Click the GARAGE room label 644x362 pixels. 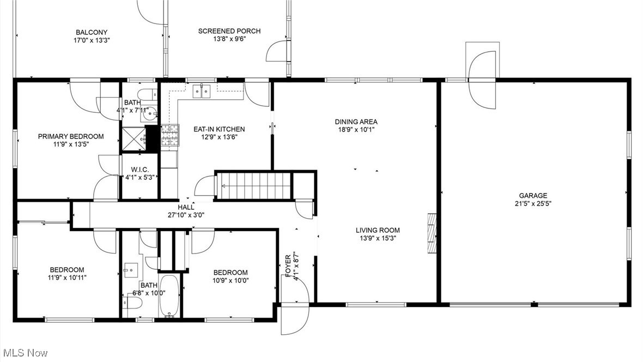533,195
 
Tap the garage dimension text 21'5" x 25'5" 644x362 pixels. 533,204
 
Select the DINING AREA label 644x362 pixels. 356,122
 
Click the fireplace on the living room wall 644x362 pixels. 432,233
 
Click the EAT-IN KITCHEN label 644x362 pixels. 219,129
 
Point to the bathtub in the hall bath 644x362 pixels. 170,295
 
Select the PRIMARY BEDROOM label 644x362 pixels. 70,136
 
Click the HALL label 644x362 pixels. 186,207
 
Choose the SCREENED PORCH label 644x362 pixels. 229,31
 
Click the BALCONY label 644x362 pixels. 92,32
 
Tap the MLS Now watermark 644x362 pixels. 25,353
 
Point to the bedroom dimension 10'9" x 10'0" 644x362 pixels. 230,281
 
